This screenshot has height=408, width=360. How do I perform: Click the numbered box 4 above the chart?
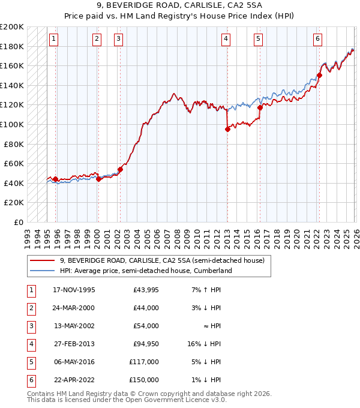click(x=226, y=40)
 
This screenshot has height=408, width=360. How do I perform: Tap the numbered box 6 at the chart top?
click(x=317, y=40)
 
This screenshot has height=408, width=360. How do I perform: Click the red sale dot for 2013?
click(x=227, y=129)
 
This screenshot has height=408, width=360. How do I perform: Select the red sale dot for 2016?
click(x=260, y=108)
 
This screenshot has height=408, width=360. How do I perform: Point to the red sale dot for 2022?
click(x=319, y=75)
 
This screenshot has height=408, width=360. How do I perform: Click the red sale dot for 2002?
click(x=120, y=169)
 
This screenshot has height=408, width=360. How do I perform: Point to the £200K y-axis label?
click(x=12, y=27)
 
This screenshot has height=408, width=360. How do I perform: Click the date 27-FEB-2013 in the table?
click(x=74, y=344)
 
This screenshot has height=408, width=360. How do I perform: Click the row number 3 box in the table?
click(x=30, y=326)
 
